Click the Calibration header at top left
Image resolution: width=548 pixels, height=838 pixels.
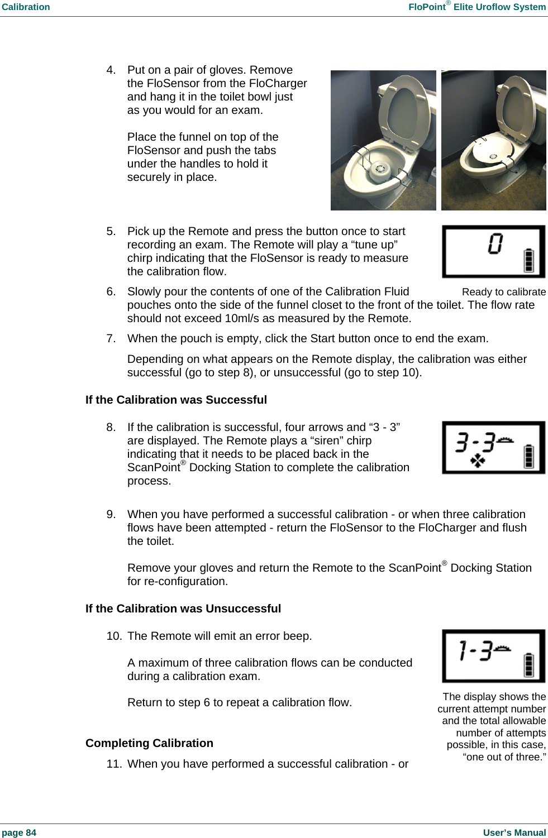[26, 7]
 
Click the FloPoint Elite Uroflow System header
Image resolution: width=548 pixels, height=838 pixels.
[476, 7]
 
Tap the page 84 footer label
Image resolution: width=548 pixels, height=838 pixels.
[19, 832]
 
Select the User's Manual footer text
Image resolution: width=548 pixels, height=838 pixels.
[514, 832]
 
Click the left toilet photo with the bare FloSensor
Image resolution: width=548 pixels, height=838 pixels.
[383, 141]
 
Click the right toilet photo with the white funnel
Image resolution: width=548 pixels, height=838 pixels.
[493, 141]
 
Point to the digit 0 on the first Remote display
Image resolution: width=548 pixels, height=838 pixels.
[495, 244]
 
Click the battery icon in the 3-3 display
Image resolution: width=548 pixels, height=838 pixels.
[528, 456]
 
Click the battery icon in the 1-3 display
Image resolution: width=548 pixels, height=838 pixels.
[528, 665]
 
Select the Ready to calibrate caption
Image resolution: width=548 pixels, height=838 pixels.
[503, 292]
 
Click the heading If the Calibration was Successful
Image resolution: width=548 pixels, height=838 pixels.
[176, 400]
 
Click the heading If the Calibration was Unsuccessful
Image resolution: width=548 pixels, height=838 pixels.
[183, 609]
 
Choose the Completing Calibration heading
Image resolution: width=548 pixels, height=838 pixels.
[149, 743]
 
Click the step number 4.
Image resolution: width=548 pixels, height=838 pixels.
[111, 70]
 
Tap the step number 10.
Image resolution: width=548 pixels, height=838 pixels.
[113, 636]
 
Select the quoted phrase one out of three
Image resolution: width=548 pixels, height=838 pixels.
[504, 757]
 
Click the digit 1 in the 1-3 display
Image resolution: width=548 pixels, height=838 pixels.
[463, 650]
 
